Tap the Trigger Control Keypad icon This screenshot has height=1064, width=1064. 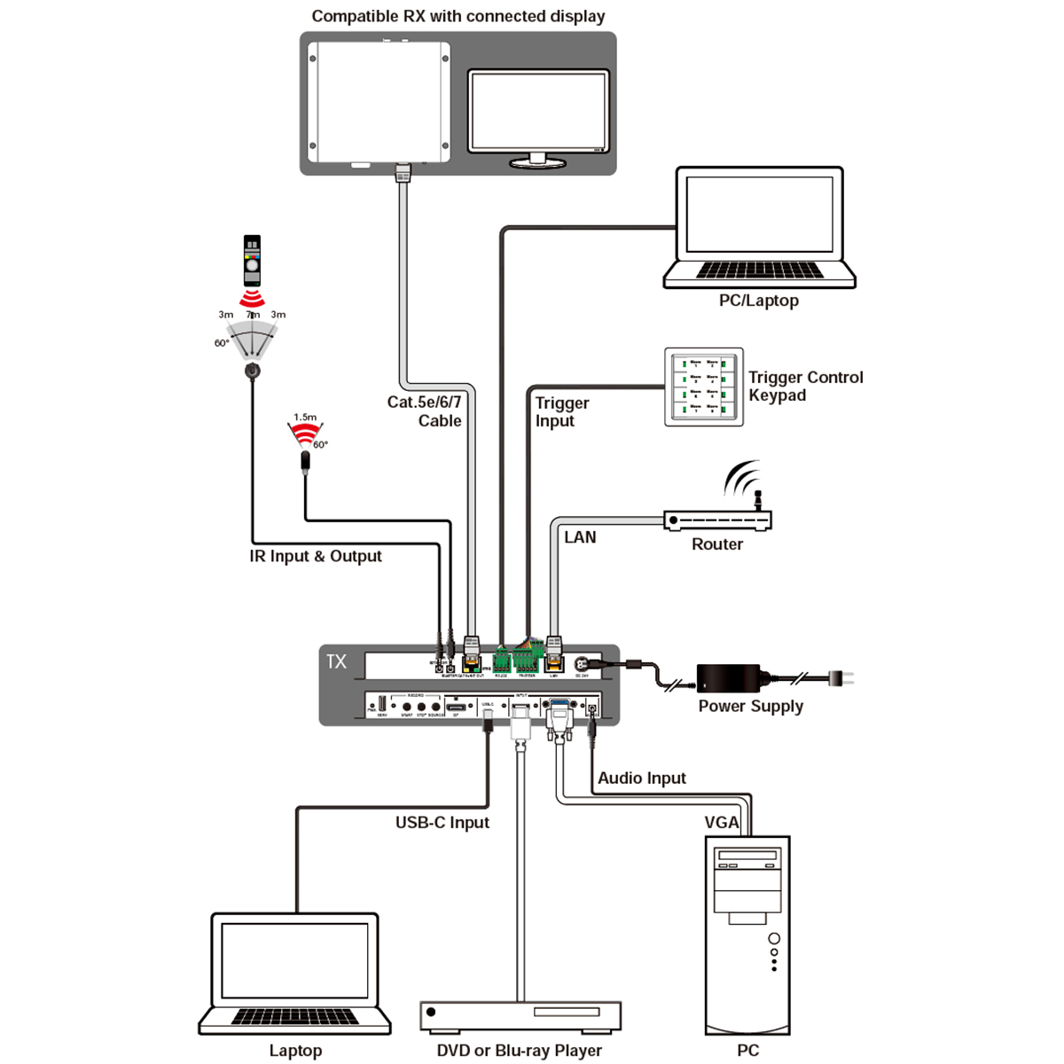(x=704, y=387)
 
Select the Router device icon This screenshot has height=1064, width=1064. (x=717, y=519)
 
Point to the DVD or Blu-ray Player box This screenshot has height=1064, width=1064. (x=520, y=1016)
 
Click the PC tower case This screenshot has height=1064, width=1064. (x=747, y=935)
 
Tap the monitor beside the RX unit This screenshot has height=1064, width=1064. (x=539, y=113)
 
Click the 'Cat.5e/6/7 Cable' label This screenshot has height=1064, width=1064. (x=425, y=411)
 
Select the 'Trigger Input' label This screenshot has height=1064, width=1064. (x=562, y=411)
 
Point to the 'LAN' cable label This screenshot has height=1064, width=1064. (x=580, y=537)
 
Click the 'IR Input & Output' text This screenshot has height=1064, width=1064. (x=316, y=556)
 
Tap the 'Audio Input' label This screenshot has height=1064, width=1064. (x=641, y=778)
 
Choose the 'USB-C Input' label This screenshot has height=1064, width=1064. (x=442, y=822)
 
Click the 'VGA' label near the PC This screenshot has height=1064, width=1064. (x=721, y=822)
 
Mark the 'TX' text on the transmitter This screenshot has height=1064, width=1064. (x=336, y=661)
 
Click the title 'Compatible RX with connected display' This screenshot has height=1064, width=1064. (x=458, y=16)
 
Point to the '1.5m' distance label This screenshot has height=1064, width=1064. (x=305, y=417)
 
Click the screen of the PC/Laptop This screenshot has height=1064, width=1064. (x=759, y=215)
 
